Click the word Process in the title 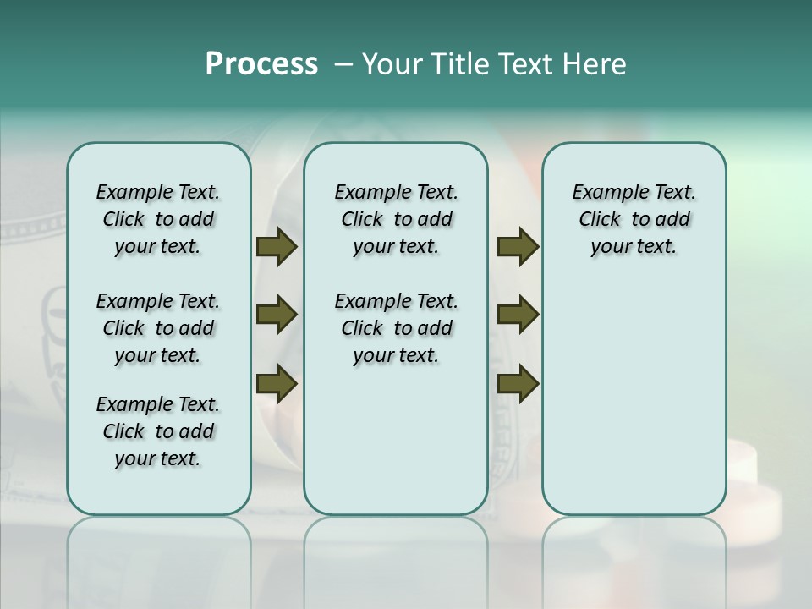(x=261, y=64)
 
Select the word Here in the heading (x=596, y=64)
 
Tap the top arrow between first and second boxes (x=277, y=247)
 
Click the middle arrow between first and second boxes (x=277, y=315)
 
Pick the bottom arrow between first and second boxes (x=277, y=384)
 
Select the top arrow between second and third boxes (x=518, y=247)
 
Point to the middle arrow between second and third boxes (x=518, y=315)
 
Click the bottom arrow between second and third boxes (x=518, y=384)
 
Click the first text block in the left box (x=158, y=219)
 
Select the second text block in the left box (x=158, y=328)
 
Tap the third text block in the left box (x=158, y=431)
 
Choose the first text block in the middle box (x=396, y=219)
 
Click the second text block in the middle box (x=396, y=328)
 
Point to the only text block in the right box (x=634, y=219)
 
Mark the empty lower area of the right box (x=634, y=398)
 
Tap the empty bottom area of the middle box (x=396, y=448)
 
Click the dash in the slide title (x=343, y=64)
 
